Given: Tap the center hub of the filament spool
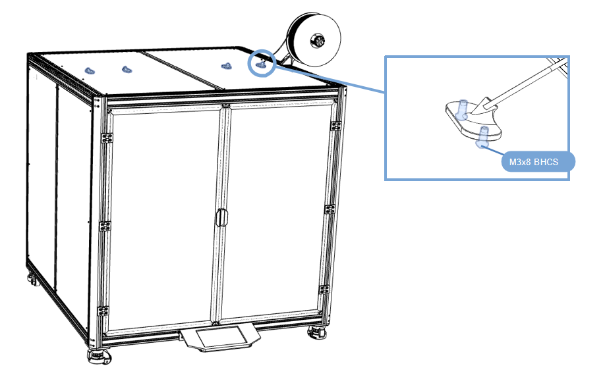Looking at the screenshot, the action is [x=317, y=40].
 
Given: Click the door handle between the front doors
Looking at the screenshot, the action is [x=222, y=218].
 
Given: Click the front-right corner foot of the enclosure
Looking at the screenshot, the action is [x=317, y=333].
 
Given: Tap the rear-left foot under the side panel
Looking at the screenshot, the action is [x=33, y=280].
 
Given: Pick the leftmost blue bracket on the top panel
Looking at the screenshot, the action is [x=90, y=70].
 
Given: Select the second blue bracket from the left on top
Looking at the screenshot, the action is [x=127, y=69].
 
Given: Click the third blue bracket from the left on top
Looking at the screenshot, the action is [x=227, y=66].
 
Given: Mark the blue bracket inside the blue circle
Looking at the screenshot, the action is [x=261, y=64].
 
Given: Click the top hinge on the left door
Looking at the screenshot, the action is [x=107, y=138].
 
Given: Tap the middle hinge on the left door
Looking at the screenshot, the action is [x=105, y=226].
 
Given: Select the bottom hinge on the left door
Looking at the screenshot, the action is [x=103, y=311].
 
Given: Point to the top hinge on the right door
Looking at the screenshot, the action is [x=335, y=126].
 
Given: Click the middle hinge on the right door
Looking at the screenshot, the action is [x=330, y=209].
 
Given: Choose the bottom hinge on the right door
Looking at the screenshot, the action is [x=324, y=290].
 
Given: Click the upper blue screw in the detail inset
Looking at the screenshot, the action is [x=461, y=110].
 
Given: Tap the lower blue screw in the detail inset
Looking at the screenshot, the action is [x=482, y=136].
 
